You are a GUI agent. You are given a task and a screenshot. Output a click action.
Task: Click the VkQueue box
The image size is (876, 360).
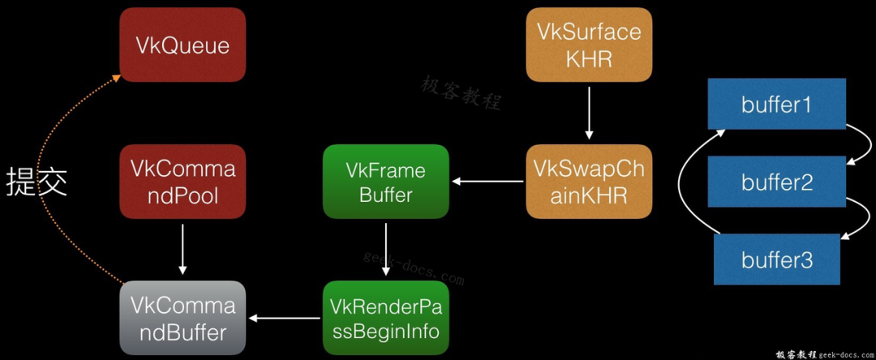[x=182, y=45]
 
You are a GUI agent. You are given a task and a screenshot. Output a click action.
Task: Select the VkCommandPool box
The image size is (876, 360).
[x=182, y=182]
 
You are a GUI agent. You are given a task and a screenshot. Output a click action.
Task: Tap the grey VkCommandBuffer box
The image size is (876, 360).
[x=182, y=318]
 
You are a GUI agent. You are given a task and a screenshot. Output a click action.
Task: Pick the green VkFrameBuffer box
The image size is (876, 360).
[x=385, y=182]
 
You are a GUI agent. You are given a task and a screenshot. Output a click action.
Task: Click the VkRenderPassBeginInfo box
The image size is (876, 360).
[x=385, y=318]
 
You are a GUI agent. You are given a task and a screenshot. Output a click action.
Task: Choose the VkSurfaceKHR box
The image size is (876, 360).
[x=589, y=45]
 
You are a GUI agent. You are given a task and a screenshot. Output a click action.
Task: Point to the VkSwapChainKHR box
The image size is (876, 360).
[x=589, y=182]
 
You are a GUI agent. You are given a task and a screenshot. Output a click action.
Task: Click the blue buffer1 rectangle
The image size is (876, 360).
[x=776, y=105]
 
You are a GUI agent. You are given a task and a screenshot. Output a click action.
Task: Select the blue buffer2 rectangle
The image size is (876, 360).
[x=776, y=182]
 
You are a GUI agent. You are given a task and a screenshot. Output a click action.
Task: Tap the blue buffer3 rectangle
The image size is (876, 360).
[x=776, y=259]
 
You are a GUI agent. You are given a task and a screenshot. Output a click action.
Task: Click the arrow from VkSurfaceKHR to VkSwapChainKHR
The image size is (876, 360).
[x=589, y=113]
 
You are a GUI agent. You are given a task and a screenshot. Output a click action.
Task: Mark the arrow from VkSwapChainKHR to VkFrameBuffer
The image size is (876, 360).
[x=487, y=182]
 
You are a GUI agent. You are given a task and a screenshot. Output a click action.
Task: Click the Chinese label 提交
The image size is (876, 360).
[x=36, y=182]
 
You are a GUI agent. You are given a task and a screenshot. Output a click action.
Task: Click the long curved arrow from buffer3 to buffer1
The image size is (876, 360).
[x=681, y=182]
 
